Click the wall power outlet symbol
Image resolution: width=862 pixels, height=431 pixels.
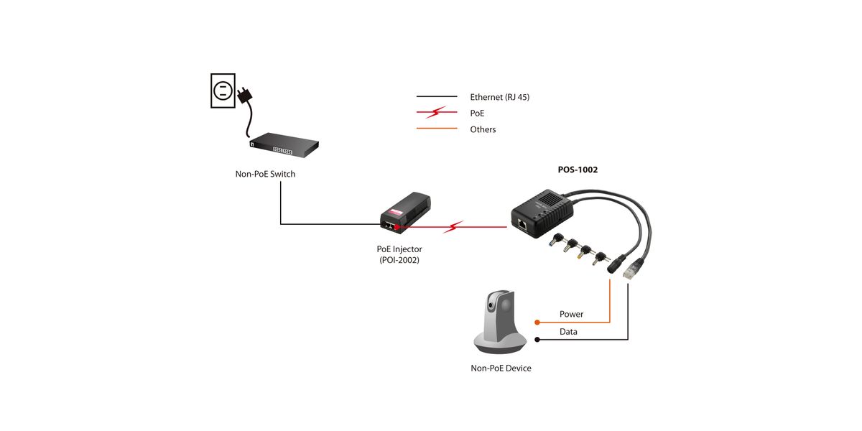223,90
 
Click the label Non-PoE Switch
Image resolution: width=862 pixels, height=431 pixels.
265,174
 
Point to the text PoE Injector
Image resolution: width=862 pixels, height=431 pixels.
399,249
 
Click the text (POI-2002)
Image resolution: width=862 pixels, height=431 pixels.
399,260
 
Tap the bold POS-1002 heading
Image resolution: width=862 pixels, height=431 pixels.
578,170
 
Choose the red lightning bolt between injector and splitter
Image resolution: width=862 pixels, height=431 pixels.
453,228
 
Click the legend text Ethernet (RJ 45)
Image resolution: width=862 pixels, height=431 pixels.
499,96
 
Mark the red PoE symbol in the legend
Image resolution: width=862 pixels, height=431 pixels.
437,113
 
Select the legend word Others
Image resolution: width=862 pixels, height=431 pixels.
483,129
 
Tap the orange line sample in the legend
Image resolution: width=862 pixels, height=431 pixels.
437,129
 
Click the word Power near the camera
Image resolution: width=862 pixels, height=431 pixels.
571,314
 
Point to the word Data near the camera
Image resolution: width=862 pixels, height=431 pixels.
568,332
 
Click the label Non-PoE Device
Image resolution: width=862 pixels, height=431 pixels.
501,368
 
